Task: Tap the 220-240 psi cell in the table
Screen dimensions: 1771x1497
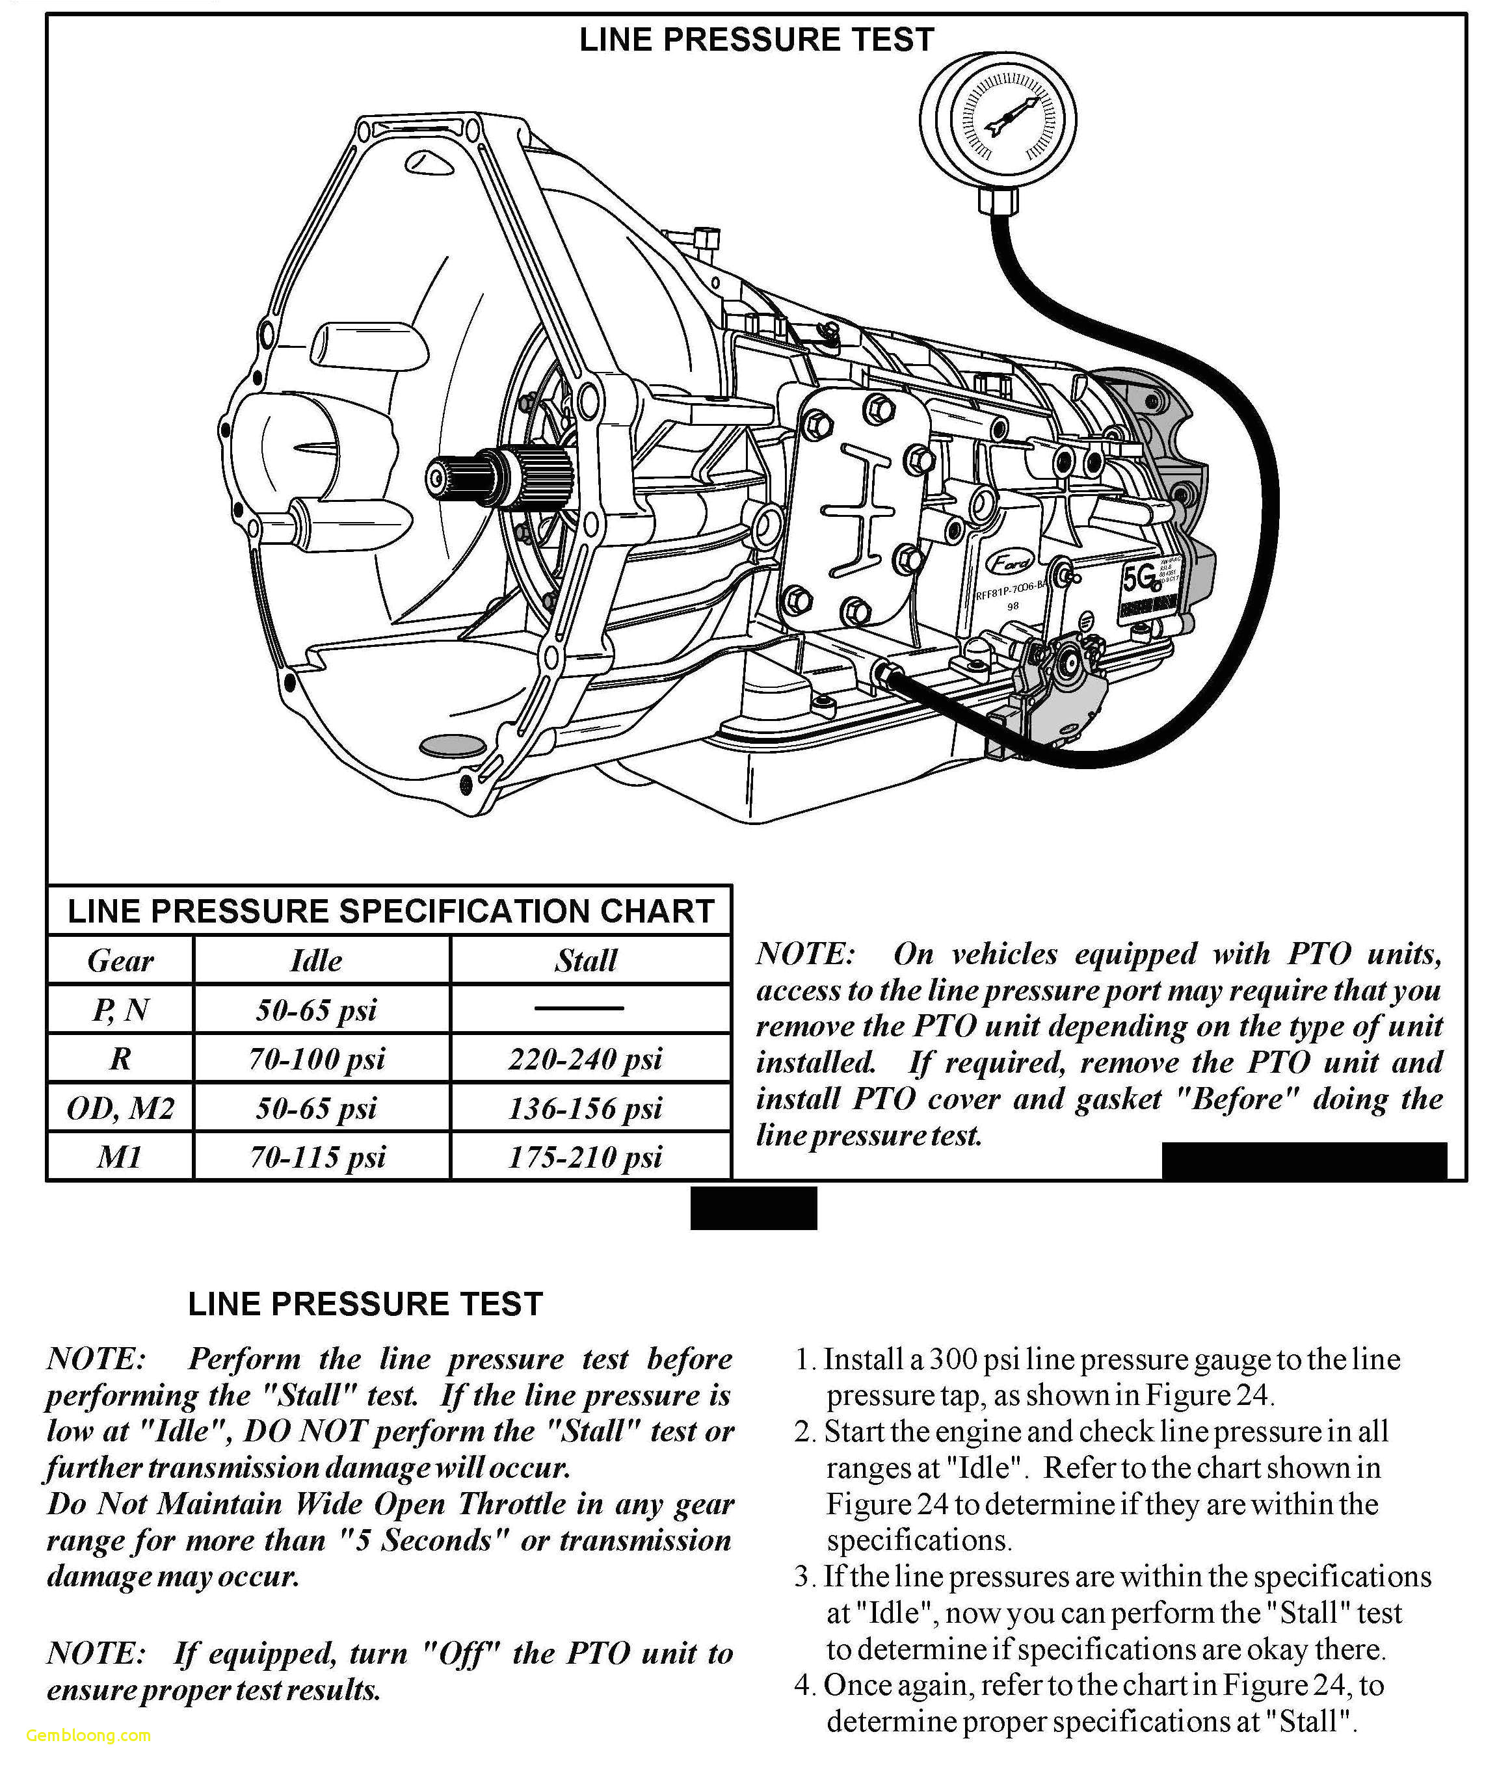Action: click(x=585, y=1058)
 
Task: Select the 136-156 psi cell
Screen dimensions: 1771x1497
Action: click(x=585, y=1107)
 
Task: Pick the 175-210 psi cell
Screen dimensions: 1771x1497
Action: click(x=585, y=1157)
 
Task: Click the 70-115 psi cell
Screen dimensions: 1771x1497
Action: click(x=318, y=1157)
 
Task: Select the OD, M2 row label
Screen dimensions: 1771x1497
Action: click(x=120, y=1107)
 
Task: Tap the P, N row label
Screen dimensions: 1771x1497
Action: click(x=120, y=1009)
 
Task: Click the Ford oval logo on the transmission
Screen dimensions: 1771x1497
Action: click(x=1010, y=562)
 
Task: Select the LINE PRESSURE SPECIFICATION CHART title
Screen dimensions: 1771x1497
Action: click(x=390, y=911)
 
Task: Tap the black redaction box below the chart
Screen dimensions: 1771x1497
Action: click(x=754, y=1207)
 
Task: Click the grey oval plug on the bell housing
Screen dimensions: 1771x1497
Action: click(x=453, y=745)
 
